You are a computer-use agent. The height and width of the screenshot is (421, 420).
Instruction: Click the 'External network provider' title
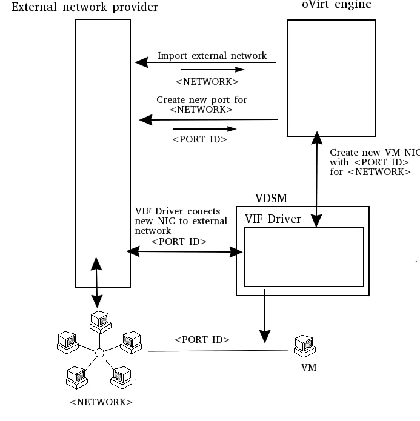click(x=85, y=7)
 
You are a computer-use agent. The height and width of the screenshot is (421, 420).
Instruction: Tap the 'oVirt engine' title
click(x=337, y=5)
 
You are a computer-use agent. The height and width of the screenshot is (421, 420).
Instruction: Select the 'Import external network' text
click(x=212, y=56)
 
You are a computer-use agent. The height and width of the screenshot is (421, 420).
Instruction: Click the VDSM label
click(x=271, y=198)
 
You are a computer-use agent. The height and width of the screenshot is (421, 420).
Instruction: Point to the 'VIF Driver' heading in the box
click(x=273, y=219)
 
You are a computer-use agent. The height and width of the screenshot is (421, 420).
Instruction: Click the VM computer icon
click(x=303, y=347)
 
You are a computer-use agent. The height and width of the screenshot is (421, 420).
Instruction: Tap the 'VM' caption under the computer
click(x=308, y=367)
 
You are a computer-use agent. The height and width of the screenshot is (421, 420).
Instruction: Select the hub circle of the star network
click(x=100, y=353)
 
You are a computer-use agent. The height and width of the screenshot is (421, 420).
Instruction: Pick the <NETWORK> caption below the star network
click(x=101, y=402)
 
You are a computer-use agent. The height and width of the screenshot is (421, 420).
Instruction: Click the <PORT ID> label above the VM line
click(x=202, y=340)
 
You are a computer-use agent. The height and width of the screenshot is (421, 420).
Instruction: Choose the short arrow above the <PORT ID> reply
click(x=204, y=128)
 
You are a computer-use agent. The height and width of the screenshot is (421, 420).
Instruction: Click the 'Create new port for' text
click(x=202, y=100)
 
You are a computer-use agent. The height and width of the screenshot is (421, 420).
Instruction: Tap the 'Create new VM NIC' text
click(x=373, y=153)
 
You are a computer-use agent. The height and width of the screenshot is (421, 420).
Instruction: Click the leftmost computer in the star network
click(x=66, y=342)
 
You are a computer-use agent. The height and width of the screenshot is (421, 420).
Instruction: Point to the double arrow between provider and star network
click(x=96, y=282)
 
